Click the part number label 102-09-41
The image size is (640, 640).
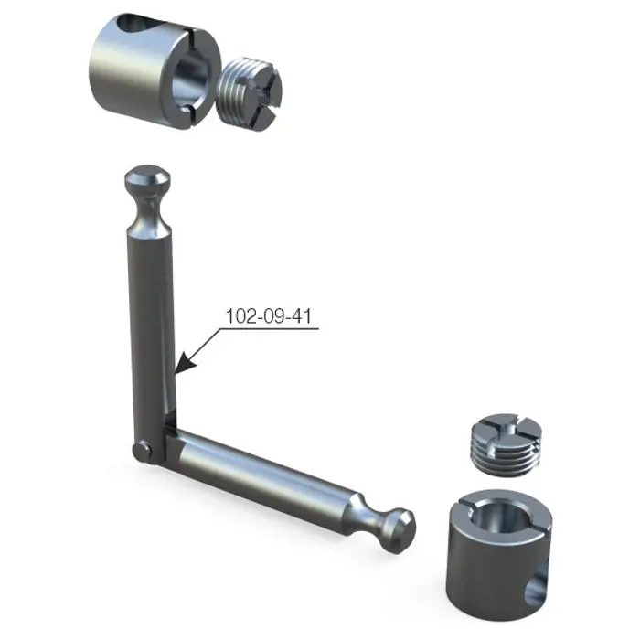click(x=269, y=316)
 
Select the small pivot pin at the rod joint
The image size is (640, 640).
click(x=143, y=453)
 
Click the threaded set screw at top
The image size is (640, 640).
click(x=249, y=93)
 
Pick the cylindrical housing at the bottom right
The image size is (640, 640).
click(x=500, y=554)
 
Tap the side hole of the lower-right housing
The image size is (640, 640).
click(x=536, y=588)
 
